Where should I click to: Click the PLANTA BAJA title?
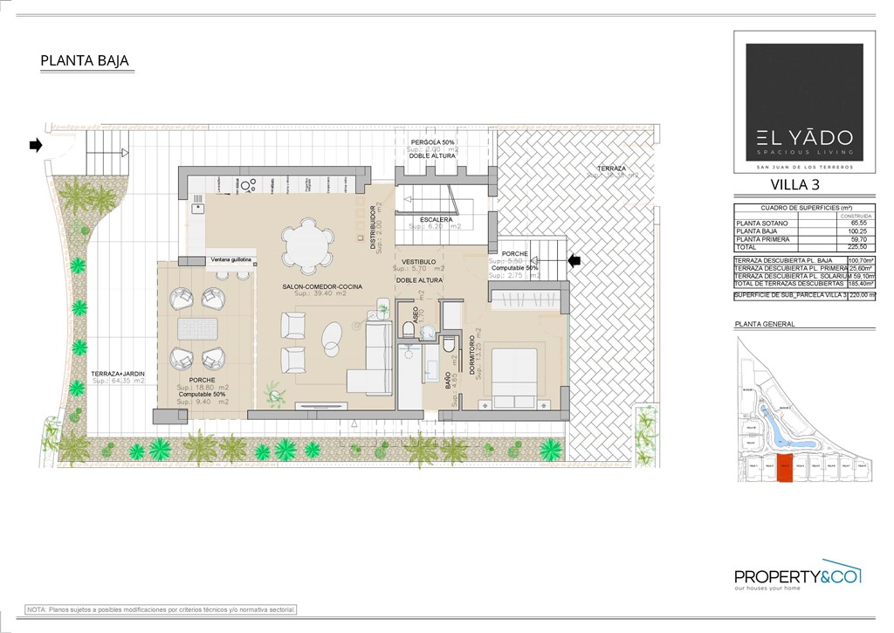[85, 61]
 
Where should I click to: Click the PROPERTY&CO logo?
[797, 575]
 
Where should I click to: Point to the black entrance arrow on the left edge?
[36, 145]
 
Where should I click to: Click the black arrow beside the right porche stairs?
[574, 259]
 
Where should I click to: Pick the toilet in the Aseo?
[409, 329]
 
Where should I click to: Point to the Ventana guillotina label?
[230, 260]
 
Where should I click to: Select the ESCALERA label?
[436, 220]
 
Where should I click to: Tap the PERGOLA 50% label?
[433, 141]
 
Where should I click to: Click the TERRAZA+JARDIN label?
[119, 374]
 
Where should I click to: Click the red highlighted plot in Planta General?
[784, 470]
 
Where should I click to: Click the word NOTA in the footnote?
[37, 609]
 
